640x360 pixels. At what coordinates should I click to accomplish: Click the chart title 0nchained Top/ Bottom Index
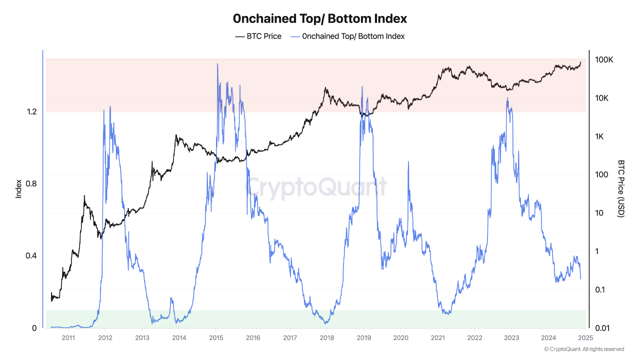320,19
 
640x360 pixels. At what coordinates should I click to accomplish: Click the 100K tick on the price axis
604,60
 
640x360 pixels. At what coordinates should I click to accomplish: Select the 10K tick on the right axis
602,98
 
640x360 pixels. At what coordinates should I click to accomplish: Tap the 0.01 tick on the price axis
602,328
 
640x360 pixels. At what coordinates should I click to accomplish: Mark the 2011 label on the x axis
68,337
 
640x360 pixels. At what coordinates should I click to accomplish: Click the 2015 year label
215,337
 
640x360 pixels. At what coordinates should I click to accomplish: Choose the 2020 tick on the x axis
400,337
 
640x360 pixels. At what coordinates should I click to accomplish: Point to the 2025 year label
585,337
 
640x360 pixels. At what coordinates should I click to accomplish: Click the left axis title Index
19,188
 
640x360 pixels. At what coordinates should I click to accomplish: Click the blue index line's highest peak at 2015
217,64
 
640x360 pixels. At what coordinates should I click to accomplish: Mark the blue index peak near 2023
507,98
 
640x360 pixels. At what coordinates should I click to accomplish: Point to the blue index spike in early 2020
408,162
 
